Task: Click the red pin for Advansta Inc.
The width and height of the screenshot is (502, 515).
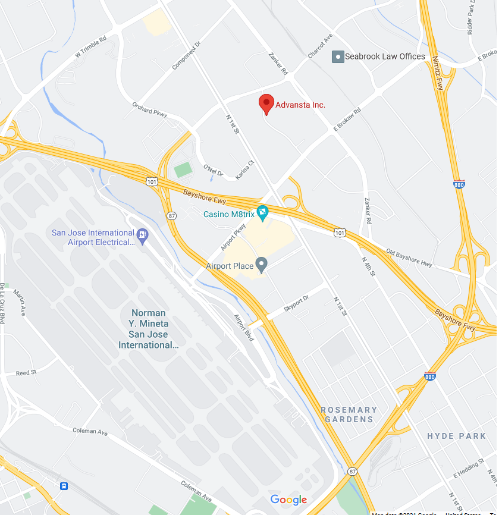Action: click(266, 103)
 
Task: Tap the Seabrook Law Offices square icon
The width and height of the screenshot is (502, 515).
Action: click(338, 56)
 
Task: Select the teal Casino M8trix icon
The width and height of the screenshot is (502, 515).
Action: click(262, 212)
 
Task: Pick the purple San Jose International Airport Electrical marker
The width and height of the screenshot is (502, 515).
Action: click(142, 234)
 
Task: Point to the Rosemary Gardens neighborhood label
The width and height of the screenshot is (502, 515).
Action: click(349, 414)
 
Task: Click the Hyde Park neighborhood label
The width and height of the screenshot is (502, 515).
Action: click(456, 436)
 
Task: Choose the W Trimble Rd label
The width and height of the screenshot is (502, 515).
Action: click(90, 48)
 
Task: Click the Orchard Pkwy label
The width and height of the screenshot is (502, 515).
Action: click(149, 109)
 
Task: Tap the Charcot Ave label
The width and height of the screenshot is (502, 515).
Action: click(320, 46)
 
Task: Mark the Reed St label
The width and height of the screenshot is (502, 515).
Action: click(26, 373)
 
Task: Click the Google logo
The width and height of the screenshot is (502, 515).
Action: click(288, 500)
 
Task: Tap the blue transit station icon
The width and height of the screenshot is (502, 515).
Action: click(64, 486)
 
